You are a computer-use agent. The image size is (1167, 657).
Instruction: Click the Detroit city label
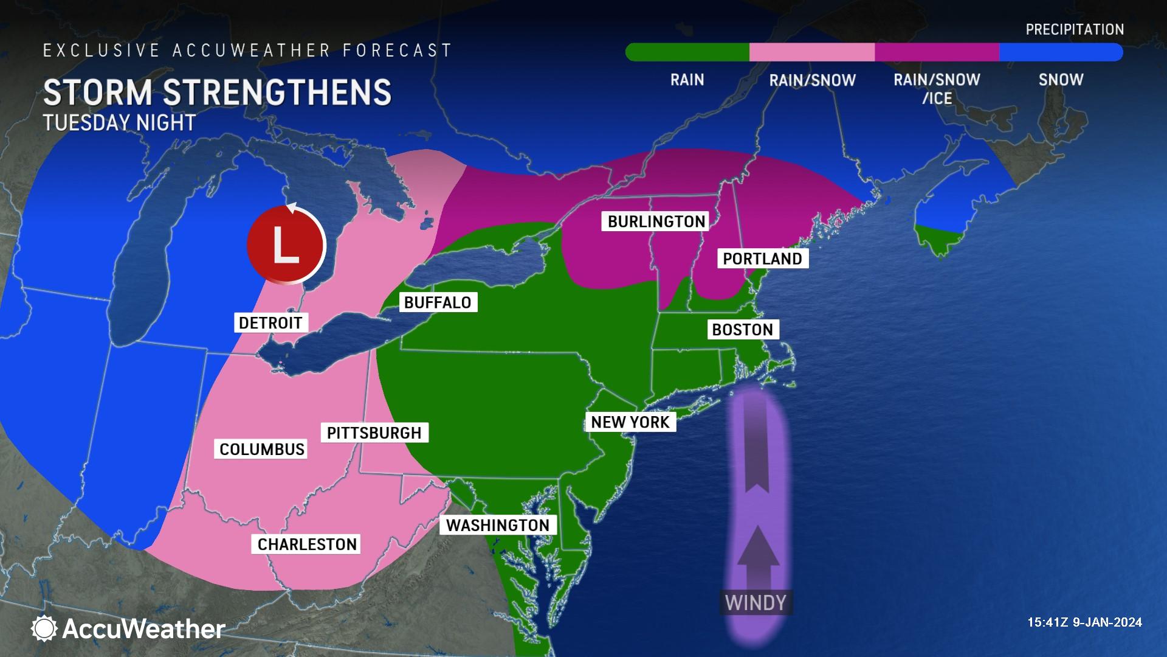point(270,322)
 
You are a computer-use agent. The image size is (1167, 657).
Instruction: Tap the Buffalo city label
point(438,302)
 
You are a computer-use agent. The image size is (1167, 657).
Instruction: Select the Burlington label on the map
point(656,221)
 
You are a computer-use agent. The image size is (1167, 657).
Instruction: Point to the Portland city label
point(762,259)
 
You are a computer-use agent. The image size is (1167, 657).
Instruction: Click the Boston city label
point(742,330)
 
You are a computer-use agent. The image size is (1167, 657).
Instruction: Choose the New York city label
point(630,422)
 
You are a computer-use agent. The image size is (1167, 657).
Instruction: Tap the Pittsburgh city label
point(374,433)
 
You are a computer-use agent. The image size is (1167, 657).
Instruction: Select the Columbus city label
point(262,449)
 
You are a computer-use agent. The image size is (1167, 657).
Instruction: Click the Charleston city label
point(307,544)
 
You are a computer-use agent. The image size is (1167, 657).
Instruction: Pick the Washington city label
point(498,525)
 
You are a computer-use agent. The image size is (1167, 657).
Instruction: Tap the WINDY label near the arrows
point(756,603)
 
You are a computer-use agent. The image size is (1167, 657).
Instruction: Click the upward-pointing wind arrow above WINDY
point(757,554)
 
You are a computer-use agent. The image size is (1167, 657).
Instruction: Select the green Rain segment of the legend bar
point(688,52)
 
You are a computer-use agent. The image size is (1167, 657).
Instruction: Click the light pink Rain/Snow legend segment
point(812,52)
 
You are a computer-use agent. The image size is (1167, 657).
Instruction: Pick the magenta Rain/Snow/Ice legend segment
point(937,52)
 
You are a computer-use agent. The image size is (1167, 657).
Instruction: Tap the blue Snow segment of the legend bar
point(1061,52)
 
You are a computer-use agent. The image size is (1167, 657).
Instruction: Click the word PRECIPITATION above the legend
point(1075,29)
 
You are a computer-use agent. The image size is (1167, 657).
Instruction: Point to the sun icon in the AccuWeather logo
point(44,628)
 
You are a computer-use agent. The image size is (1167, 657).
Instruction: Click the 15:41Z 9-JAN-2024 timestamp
point(1084,622)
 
